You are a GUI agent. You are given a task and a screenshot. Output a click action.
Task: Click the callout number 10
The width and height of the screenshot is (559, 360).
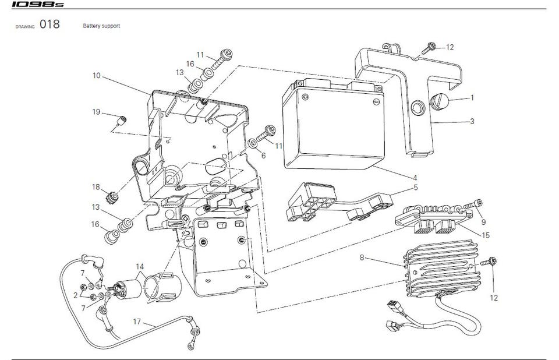tap(96, 76)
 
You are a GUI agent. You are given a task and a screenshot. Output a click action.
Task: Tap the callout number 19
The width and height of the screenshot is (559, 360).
tap(96, 111)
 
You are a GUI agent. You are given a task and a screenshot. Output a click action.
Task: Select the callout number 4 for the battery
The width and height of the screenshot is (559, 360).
tap(415, 178)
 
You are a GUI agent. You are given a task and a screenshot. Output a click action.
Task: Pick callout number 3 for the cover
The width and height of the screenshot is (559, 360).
tap(472, 122)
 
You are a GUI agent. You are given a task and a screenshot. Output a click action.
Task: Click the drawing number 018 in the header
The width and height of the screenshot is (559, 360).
tap(49, 25)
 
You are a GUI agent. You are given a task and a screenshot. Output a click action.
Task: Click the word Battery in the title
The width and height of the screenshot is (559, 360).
tap(92, 26)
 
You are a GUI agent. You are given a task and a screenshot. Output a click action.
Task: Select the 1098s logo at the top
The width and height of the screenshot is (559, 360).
tap(33, 5)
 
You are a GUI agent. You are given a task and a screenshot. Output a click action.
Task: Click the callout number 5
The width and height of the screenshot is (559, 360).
tap(416, 188)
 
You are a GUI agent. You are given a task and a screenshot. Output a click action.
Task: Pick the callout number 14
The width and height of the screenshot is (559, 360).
tap(138, 267)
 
